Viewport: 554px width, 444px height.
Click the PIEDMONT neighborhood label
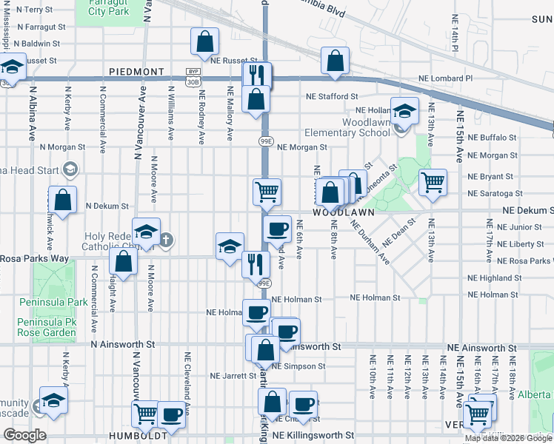[136, 72]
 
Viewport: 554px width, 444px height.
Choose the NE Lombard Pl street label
[445, 78]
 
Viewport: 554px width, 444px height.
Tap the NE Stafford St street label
[333, 96]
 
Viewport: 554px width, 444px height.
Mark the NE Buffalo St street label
[491, 138]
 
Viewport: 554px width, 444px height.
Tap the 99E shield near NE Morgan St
[264, 141]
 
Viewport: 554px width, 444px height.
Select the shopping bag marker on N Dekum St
[63, 199]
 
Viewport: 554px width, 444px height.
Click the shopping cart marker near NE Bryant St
[433, 181]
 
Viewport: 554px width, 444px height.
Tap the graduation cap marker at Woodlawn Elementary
[404, 111]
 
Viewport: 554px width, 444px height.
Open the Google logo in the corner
[24, 435]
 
